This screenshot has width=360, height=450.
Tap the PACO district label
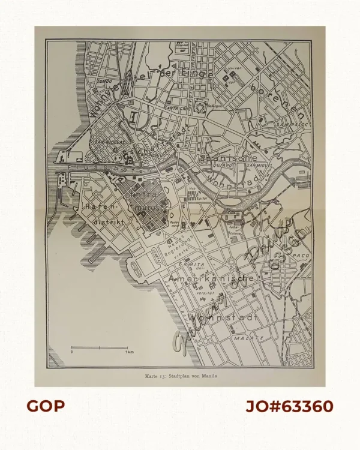click(x=300, y=256)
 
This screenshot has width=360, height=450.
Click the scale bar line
click(x=100, y=347)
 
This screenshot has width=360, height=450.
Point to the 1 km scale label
click(x=128, y=353)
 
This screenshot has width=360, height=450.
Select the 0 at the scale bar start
click(x=72, y=353)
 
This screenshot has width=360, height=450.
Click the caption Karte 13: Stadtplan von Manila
click(x=181, y=376)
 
